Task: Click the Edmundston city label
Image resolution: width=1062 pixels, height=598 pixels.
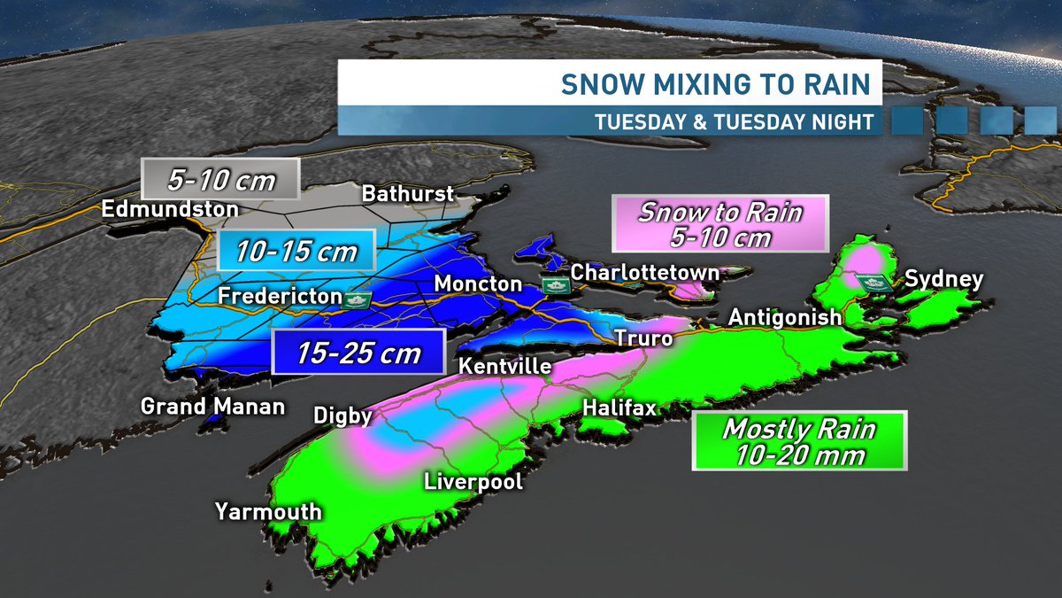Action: click(x=170, y=210)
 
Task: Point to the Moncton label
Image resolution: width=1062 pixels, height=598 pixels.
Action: click(x=478, y=283)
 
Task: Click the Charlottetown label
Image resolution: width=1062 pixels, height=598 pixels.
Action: click(x=644, y=273)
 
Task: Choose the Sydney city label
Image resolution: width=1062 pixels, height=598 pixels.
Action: click(x=943, y=280)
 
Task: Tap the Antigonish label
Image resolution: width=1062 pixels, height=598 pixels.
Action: click(x=784, y=317)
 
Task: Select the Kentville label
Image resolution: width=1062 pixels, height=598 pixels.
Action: click(x=506, y=367)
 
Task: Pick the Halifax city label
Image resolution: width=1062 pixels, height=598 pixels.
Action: click(x=619, y=408)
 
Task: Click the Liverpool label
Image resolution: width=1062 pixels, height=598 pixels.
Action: click(x=473, y=482)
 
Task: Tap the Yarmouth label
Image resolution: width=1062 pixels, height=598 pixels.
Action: click(x=268, y=512)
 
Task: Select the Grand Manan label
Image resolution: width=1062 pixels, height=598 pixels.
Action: click(x=213, y=407)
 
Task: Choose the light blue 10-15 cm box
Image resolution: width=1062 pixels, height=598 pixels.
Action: click(x=297, y=252)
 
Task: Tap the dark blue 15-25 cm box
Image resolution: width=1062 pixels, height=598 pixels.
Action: click(x=358, y=353)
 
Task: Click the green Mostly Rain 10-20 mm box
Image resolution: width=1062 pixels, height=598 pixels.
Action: click(x=799, y=441)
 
